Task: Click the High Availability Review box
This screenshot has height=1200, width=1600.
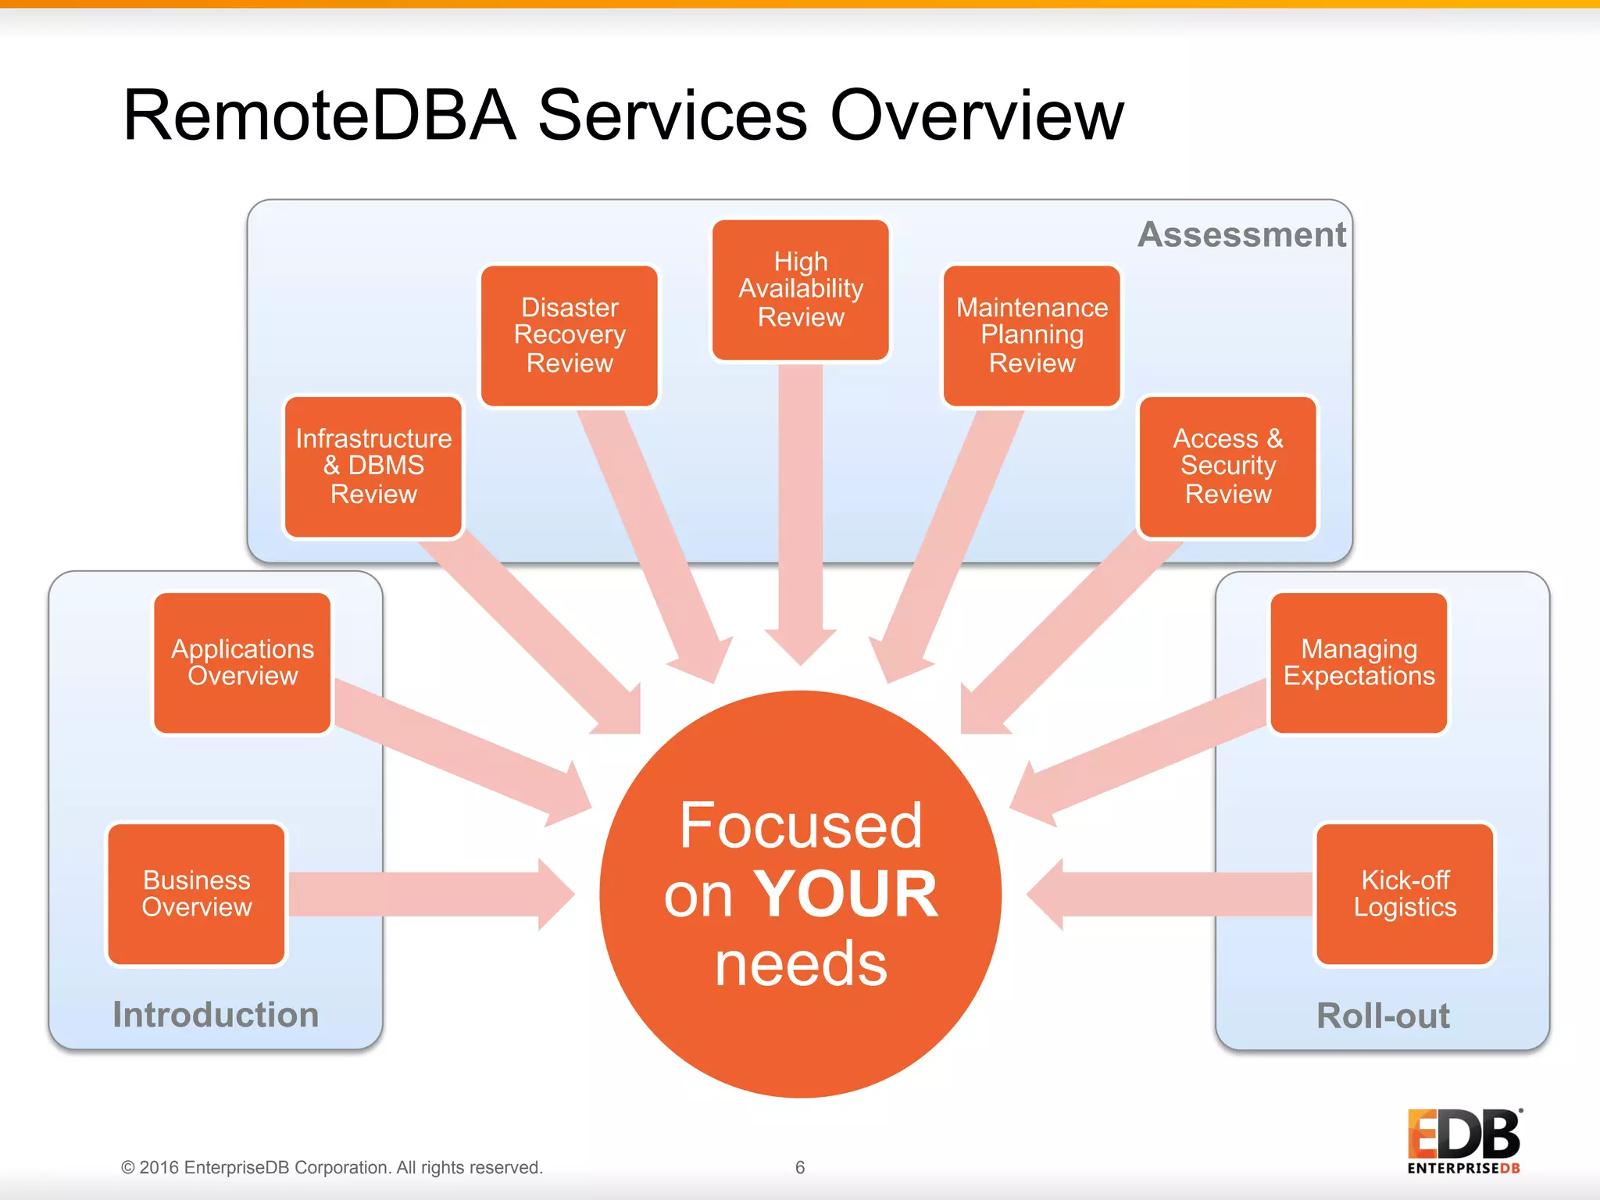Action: click(x=801, y=290)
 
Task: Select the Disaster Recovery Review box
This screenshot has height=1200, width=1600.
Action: click(x=570, y=336)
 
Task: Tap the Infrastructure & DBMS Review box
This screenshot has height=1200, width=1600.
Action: click(x=373, y=466)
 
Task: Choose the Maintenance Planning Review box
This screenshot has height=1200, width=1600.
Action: click(x=1032, y=336)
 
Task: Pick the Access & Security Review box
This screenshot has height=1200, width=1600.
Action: click(x=1227, y=466)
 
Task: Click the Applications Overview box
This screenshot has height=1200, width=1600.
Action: click(x=242, y=662)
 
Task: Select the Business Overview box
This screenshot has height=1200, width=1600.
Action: click(x=196, y=894)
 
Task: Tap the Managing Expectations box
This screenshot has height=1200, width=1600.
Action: click(x=1359, y=662)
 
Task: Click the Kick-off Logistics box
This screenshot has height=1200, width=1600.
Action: click(x=1405, y=894)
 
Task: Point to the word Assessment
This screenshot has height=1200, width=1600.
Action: click(x=1241, y=234)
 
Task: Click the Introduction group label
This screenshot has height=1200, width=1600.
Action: click(x=216, y=1015)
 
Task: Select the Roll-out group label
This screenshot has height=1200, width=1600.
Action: click(x=1383, y=1016)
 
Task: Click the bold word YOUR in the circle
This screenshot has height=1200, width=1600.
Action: click(x=845, y=895)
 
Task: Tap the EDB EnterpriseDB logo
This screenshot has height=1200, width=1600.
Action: click(x=1464, y=1141)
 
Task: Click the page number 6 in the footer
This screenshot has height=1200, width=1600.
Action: click(x=800, y=1167)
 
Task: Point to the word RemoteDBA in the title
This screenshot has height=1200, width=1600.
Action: click(x=320, y=116)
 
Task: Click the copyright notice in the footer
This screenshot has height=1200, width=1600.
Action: click(x=331, y=1167)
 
